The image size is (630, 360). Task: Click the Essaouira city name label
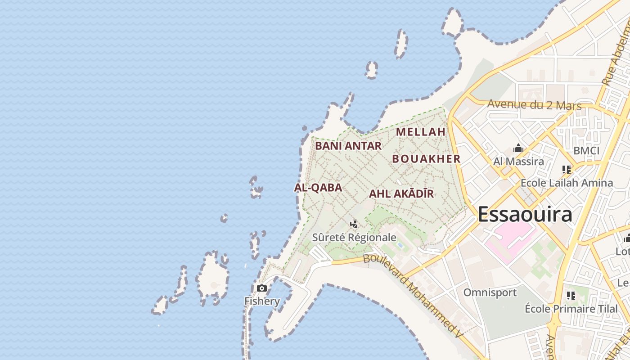[525, 215]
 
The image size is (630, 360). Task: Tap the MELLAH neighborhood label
[421, 132]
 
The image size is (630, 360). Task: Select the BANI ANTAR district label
[348, 146]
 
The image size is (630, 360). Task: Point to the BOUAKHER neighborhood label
[426, 159]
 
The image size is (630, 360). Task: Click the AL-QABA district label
[318, 188]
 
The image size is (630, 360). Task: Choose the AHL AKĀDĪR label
[401, 194]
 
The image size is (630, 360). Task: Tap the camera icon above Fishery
[261, 288]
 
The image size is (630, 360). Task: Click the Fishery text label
[262, 301]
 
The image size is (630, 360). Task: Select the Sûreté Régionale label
[355, 238]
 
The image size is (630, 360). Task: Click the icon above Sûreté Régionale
[354, 224]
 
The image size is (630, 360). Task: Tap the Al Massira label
[518, 161]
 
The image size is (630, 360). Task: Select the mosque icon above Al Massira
[518, 148]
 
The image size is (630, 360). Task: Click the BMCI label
[586, 151]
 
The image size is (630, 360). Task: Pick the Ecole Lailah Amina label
[567, 183]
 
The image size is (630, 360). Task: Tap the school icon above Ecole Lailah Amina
[567, 170]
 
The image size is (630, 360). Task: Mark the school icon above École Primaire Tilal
[571, 296]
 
